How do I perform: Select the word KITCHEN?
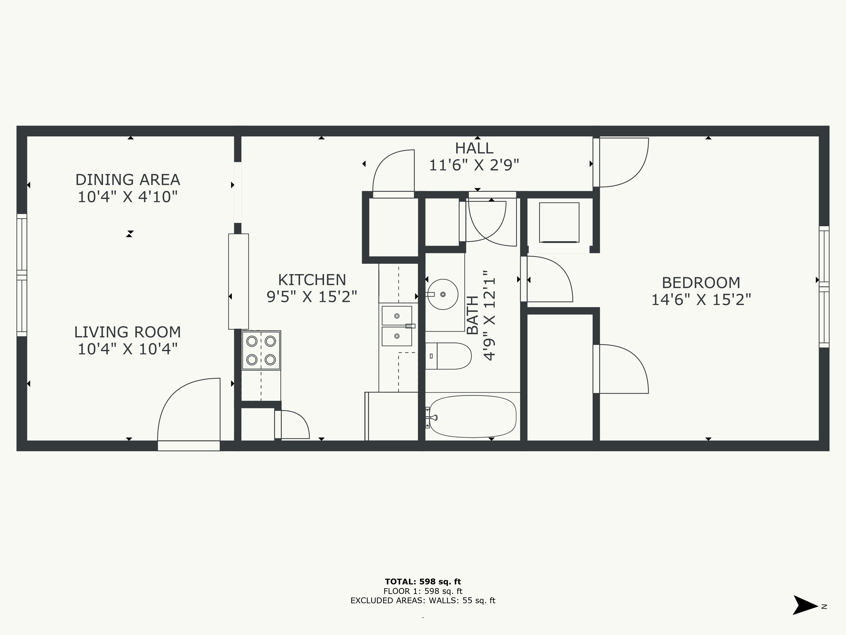(312, 280)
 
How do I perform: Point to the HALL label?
(474, 148)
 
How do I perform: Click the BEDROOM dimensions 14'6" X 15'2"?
(701, 300)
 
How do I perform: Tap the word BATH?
(473, 315)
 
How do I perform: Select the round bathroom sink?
(442, 294)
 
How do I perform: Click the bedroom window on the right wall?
(824, 287)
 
